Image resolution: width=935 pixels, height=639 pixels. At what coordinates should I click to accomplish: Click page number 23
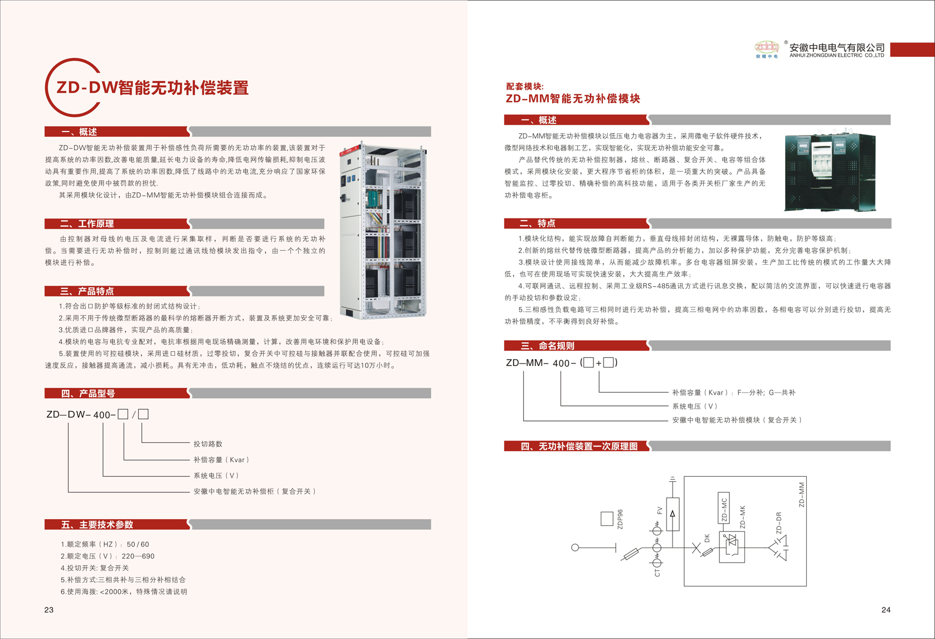(49, 610)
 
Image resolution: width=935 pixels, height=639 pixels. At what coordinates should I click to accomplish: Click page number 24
(886, 610)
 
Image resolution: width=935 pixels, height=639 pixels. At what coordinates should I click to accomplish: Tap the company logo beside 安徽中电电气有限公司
(767, 49)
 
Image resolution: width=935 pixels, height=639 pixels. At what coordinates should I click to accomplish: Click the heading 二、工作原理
(87, 224)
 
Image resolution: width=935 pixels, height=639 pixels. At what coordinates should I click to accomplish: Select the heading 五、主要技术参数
(97, 525)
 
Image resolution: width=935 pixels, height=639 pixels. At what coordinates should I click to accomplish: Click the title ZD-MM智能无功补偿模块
(573, 99)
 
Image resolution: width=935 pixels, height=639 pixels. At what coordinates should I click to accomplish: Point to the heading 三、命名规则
(547, 346)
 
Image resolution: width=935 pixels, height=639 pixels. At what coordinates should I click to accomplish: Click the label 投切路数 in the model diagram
(208, 444)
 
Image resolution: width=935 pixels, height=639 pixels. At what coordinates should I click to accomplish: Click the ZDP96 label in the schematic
(620, 519)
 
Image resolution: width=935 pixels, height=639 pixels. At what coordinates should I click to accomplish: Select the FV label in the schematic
(660, 510)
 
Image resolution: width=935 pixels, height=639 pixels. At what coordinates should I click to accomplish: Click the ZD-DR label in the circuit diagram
(778, 523)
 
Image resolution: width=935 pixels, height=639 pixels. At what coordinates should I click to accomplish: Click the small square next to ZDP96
(607, 519)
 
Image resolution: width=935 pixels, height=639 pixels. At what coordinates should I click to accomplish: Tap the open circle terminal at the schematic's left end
(575, 548)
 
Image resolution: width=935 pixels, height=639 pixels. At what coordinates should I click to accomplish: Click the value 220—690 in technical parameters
(141, 556)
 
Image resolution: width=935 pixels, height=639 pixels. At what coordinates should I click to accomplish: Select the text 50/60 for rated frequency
(138, 544)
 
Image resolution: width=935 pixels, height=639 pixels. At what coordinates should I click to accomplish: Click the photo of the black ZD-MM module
(830, 172)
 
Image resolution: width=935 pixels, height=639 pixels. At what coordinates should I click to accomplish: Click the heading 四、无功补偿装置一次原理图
(579, 446)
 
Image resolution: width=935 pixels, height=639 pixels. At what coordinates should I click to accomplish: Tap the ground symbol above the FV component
(673, 479)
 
